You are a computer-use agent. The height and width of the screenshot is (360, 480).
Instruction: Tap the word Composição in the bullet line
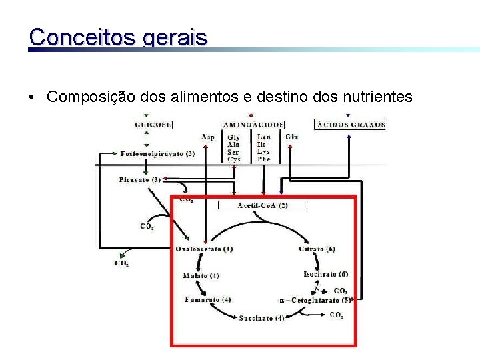click(91, 97)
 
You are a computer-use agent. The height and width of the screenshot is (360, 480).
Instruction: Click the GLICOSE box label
click(153, 125)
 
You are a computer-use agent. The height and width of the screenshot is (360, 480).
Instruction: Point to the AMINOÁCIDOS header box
click(253, 125)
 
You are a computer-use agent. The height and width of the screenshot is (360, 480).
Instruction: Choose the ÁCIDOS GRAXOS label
click(351, 125)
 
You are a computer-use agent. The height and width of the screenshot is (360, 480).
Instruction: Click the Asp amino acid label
click(208, 137)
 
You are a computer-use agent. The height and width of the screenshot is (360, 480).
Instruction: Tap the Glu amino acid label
click(291, 137)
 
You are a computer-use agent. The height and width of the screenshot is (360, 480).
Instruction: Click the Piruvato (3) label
click(139, 179)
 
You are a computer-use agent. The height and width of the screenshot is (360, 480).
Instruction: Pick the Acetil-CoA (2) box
click(263, 205)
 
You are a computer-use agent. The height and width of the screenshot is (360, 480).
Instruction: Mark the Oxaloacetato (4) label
click(204, 249)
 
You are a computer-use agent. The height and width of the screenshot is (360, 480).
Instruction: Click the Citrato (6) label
click(317, 249)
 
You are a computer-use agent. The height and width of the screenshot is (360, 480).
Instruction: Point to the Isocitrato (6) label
click(325, 274)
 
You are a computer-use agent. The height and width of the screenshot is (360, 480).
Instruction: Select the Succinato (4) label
click(261, 318)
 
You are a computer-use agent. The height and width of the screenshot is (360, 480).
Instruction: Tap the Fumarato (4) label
click(208, 300)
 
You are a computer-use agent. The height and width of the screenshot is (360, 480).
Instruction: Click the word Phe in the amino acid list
click(264, 159)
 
